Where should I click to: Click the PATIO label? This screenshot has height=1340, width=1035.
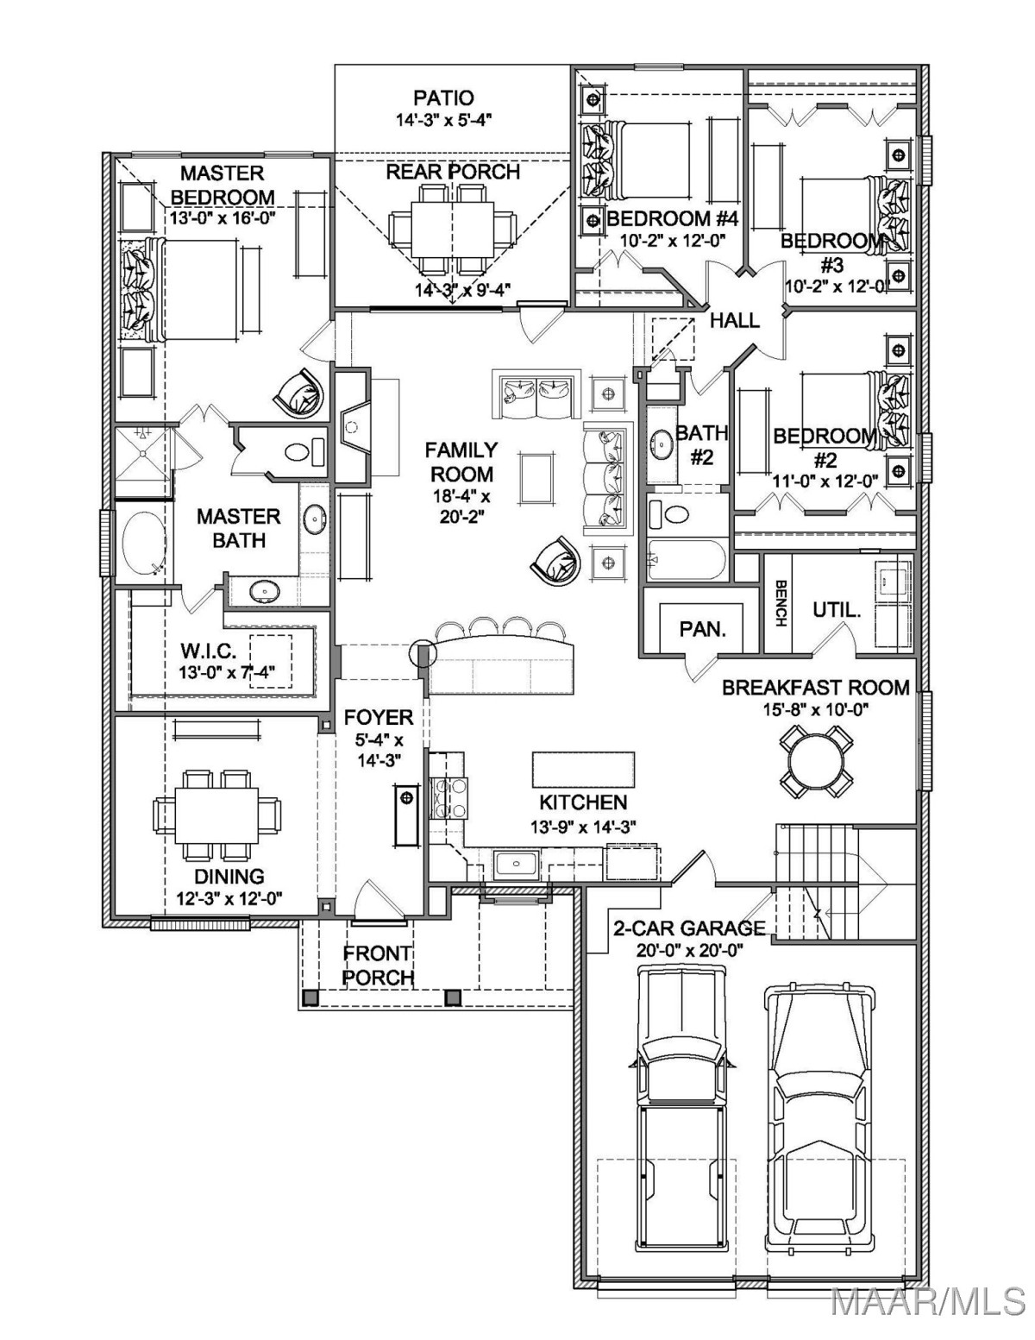click(x=443, y=98)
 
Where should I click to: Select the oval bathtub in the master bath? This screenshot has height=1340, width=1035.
click(x=144, y=543)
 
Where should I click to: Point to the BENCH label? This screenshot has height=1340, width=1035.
click(x=780, y=603)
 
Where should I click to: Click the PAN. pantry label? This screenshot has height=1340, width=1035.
click(x=702, y=629)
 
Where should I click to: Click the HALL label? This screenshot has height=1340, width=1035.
click(x=735, y=320)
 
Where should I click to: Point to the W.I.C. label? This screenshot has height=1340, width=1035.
click(x=208, y=650)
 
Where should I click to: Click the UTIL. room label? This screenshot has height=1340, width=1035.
click(x=837, y=611)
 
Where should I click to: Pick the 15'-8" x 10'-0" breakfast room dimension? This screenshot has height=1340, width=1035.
click(x=816, y=710)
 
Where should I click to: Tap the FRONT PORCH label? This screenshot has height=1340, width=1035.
click(x=378, y=965)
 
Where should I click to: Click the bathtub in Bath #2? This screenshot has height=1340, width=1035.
click(x=685, y=560)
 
